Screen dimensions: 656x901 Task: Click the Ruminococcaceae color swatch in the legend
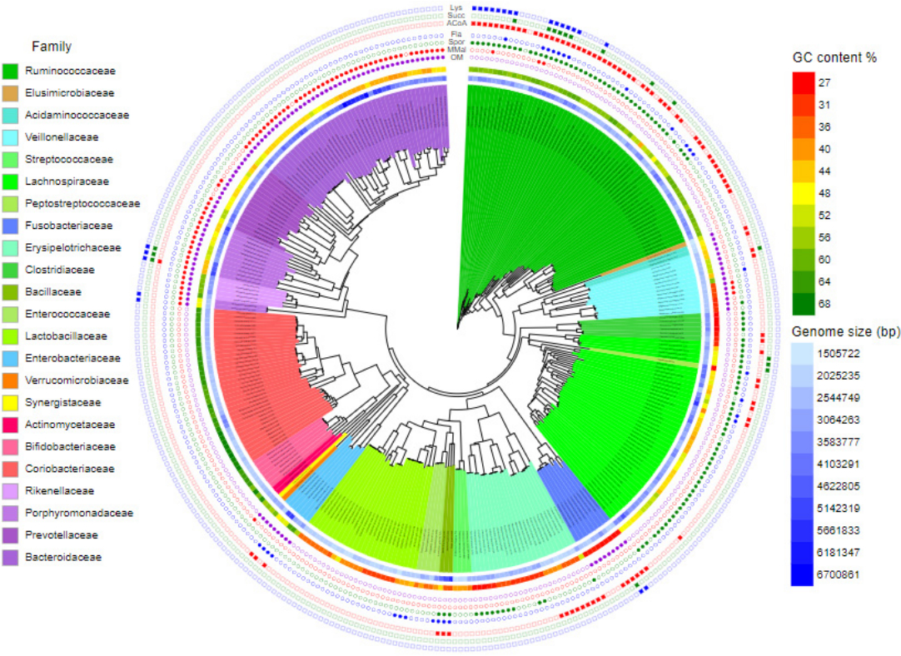click(x=11, y=71)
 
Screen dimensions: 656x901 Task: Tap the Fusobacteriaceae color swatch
click(x=11, y=226)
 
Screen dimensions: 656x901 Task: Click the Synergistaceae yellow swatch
click(x=11, y=402)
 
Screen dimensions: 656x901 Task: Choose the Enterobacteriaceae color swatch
click(x=11, y=358)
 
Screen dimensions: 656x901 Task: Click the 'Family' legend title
click(x=51, y=47)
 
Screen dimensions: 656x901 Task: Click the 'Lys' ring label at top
click(x=455, y=7)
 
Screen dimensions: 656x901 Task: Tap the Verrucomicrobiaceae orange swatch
click(x=11, y=380)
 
